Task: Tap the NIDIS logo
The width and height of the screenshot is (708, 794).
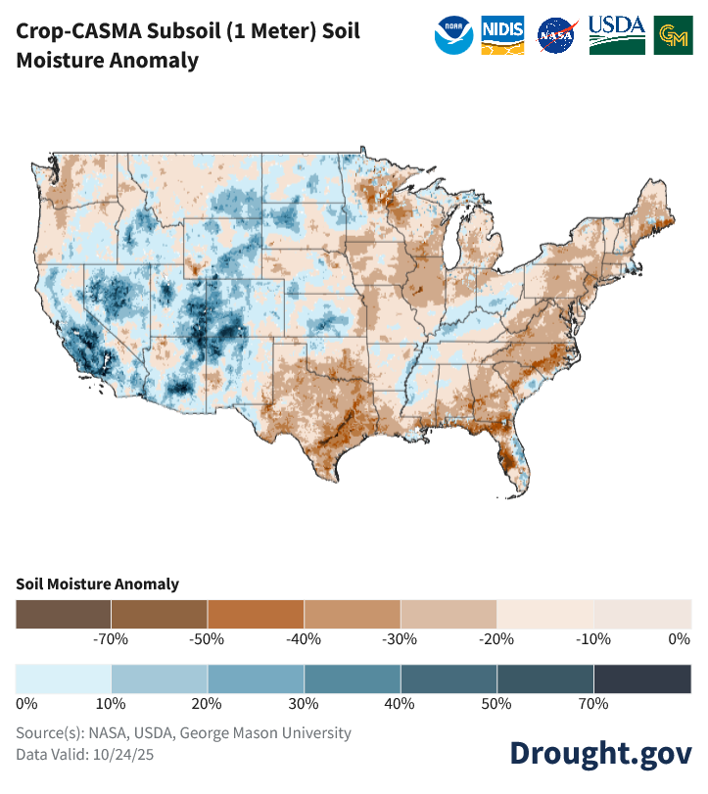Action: pos(503,35)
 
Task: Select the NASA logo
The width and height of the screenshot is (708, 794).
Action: pos(557,35)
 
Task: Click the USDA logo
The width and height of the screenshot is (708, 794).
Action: pos(616,35)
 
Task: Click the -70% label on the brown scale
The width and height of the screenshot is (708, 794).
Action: pos(112,639)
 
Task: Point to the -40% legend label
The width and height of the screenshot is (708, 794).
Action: pos(304,639)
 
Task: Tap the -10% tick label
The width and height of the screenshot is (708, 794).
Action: pos(593,639)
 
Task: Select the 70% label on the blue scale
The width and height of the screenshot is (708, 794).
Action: pos(593,703)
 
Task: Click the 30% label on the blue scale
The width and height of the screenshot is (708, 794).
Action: pos(304,703)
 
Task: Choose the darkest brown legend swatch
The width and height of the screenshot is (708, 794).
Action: pos(64,614)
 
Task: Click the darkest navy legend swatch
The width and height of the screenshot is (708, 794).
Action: pos(641,677)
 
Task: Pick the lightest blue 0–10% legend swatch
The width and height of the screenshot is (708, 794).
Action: pos(64,677)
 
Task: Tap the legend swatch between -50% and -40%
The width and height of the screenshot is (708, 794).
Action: pos(256,614)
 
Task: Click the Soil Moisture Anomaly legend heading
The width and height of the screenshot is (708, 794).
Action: pos(97,584)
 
